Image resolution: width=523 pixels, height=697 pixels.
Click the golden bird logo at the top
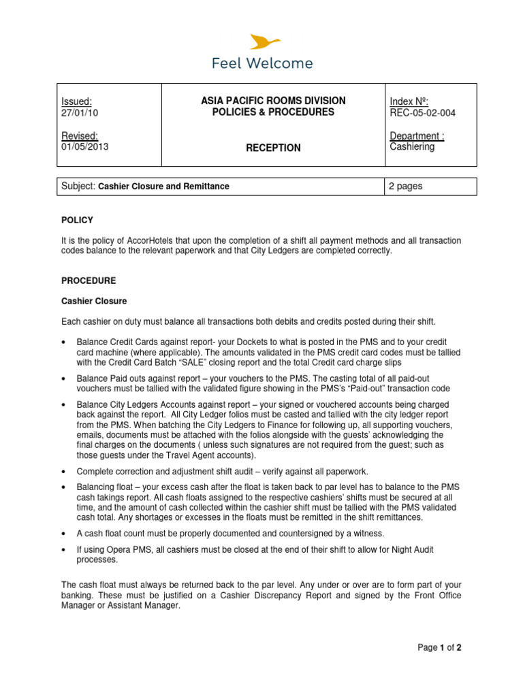tap(262, 42)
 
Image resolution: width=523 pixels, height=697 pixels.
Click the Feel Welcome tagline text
tap(262, 63)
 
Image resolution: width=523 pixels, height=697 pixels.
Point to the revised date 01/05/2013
tap(84, 146)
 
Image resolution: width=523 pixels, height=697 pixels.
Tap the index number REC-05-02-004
tap(422, 113)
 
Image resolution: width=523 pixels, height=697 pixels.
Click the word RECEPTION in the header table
tap(273, 148)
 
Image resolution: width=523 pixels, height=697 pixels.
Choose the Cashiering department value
tap(411, 146)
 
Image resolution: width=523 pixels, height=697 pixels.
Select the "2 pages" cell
tap(406, 186)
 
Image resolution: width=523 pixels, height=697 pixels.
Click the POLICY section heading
tap(77, 220)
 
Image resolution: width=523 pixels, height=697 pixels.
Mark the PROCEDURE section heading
tap(89, 280)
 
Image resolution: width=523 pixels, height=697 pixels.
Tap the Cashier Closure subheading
tap(94, 301)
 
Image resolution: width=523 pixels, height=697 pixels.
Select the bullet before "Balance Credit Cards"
tap(63, 342)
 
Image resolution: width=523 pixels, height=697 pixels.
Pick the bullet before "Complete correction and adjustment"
tap(63, 470)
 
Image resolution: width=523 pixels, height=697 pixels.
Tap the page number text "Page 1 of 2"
tap(439, 647)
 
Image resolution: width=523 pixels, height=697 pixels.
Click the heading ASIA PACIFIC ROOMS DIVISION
tap(273, 101)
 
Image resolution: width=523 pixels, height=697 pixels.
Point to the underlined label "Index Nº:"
tap(409, 101)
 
